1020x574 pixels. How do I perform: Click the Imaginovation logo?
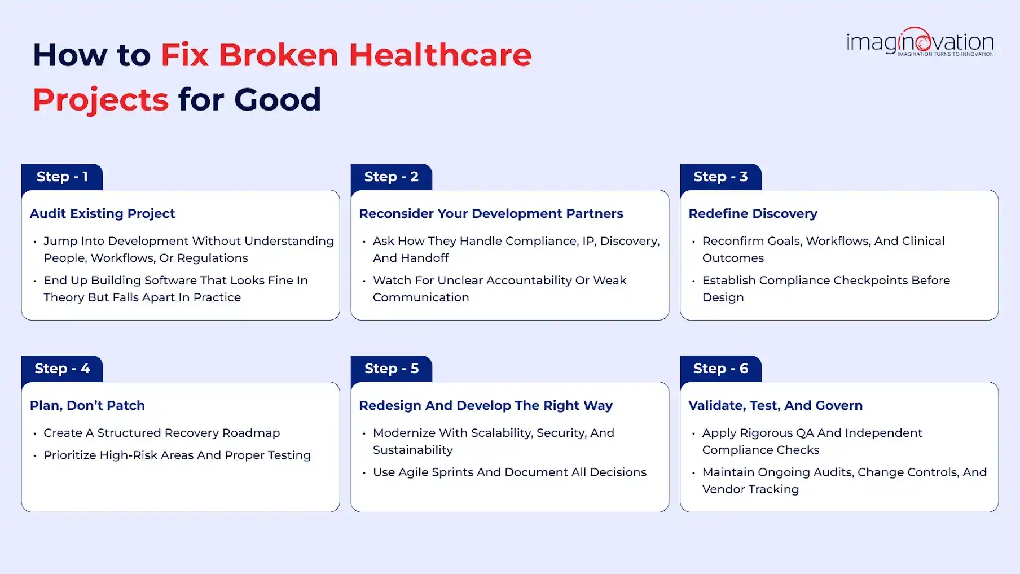click(x=920, y=42)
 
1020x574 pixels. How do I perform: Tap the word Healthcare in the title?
click(x=440, y=55)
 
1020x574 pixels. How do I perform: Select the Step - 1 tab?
click(x=62, y=177)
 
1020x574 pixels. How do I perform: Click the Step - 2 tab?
click(x=392, y=177)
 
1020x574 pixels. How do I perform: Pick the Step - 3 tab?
click(x=720, y=177)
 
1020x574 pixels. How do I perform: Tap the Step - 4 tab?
click(x=62, y=369)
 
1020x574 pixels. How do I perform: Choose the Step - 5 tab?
click(x=392, y=369)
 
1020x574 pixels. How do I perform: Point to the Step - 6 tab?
click(x=720, y=369)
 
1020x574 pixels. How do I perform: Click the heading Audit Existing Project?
click(x=102, y=213)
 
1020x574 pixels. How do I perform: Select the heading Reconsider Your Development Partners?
click(x=491, y=213)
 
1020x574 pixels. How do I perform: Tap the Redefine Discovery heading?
click(x=753, y=213)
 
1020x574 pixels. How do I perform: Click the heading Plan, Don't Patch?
click(x=87, y=405)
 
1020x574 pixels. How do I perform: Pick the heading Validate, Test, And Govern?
click(x=775, y=405)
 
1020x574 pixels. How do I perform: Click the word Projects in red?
click(x=100, y=100)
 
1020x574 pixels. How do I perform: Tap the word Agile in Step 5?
click(x=413, y=472)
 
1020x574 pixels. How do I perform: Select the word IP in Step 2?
click(x=588, y=241)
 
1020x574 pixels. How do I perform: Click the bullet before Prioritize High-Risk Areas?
click(x=35, y=456)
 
